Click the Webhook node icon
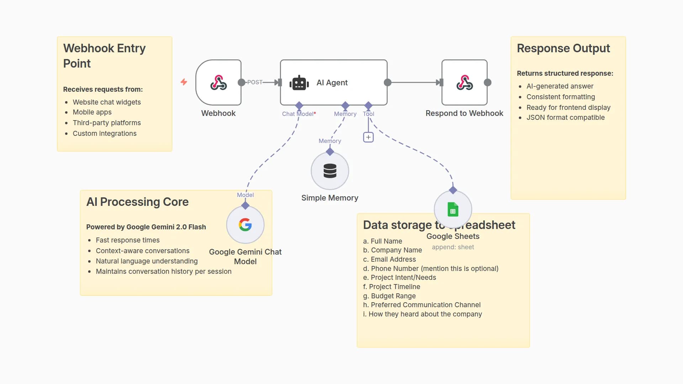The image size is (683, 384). point(218,82)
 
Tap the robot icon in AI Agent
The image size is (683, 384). point(299,83)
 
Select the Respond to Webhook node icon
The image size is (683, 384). point(464,82)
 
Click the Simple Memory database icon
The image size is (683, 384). point(330,171)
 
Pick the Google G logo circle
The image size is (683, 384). point(245,225)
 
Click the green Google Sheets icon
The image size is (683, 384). point(453,209)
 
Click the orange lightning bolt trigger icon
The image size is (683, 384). point(184,82)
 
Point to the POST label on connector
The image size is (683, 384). point(255,82)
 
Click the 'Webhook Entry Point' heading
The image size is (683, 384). point(104,55)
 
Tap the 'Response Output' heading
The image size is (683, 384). point(563,48)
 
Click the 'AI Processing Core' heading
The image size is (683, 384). point(137,202)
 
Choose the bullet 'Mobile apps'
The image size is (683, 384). point(92,112)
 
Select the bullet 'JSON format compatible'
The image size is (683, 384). point(565,117)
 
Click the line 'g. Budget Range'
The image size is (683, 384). point(389,296)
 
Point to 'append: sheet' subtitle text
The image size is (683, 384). point(453,247)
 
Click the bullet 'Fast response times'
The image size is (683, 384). point(127,240)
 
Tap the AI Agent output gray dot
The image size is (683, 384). point(388,82)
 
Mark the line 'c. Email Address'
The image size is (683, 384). point(389,259)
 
